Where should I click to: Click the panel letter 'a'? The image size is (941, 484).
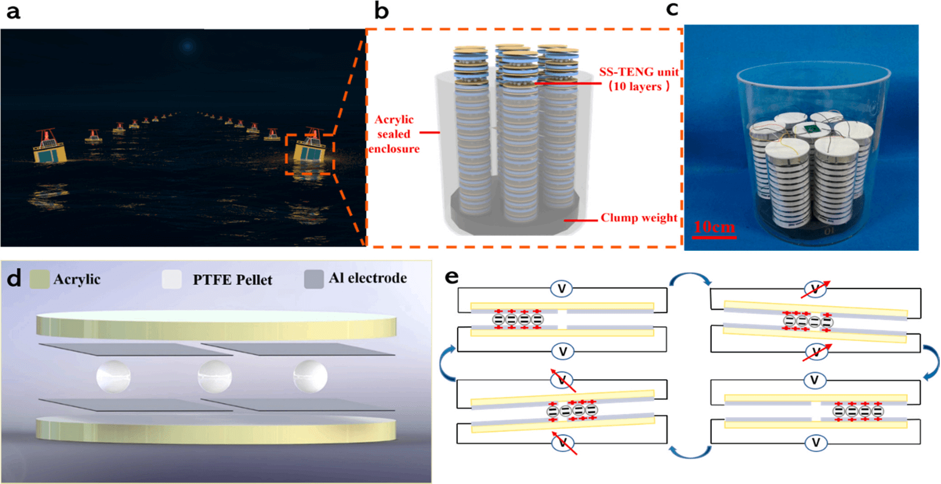point(13,11)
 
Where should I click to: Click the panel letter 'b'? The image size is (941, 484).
point(381,11)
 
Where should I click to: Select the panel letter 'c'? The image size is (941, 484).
point(672,9)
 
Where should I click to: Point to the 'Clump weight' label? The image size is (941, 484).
point(639,218)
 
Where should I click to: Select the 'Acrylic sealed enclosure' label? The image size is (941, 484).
point(394,134)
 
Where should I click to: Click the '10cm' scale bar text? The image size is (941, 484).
point(714,227)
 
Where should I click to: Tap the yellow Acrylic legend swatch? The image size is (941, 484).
point(40,279)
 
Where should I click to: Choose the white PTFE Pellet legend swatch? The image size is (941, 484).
point(172,279)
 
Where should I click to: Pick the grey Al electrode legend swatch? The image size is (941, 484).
point(313,279)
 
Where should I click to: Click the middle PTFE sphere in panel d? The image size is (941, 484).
point(215,376)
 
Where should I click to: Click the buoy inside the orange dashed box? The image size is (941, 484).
point(310,151)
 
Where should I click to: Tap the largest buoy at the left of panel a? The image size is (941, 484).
point(49,148)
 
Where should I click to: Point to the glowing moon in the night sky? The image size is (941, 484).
point(188,45)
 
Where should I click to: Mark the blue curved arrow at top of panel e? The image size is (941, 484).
point(690,280)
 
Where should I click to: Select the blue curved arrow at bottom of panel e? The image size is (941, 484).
point(690,451)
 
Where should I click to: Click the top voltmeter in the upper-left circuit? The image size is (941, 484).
point(562,289)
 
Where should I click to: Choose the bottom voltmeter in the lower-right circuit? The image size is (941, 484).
point(815,443)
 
